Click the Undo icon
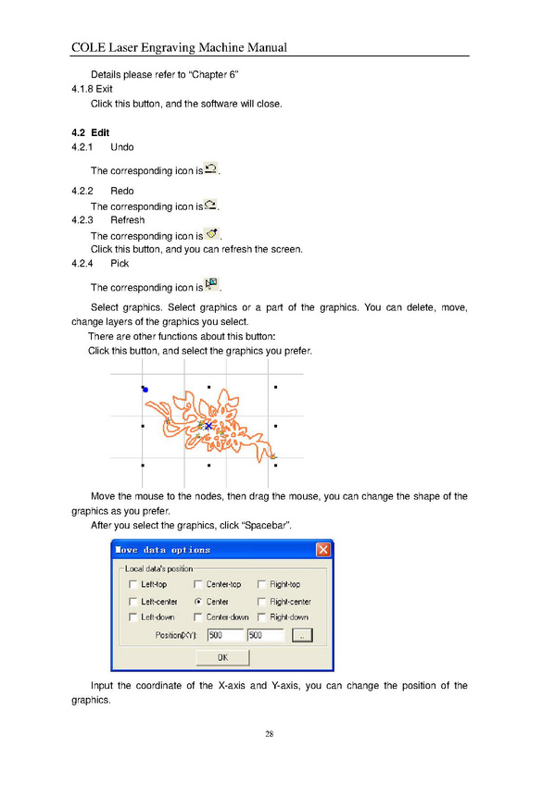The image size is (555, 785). pos(211,169)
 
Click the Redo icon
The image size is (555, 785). pos(211,205)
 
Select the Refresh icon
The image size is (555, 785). pos(212,233)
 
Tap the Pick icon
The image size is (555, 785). pos(211,284)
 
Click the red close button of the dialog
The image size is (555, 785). pos(323,550)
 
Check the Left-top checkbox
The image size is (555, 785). pos(132,584)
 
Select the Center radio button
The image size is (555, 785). pos(198,602)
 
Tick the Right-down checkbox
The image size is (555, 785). pos(261,617)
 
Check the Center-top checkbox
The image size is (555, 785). pos(198,584)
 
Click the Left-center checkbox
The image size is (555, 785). pos(132,602)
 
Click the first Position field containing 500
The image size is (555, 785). pos(225,635)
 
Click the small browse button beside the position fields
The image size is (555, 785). pos(302,635)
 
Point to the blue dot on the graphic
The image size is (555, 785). pos(145,390)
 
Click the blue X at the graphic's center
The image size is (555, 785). pos(208,426)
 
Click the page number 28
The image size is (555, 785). pos(270,734)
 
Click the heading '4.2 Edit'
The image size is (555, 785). pos(90,132)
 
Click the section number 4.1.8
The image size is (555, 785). pos(82,89)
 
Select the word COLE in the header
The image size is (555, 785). pos(89,47)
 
